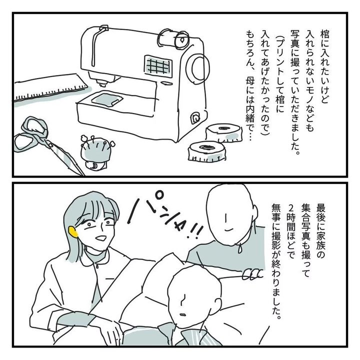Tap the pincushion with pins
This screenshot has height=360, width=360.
(x=96, y=152)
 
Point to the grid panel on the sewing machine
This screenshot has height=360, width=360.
(x=158, y=66)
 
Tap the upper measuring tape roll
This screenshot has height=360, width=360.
(x=224, y=133)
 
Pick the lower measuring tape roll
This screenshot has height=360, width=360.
(x=206, y=151)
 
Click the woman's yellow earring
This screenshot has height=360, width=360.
(x=73, y=232)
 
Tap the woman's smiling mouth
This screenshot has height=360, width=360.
(x=100, y=238)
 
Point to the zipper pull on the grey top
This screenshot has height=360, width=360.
(x=240, y=248)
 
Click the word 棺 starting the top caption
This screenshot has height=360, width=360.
(x=324, y=34)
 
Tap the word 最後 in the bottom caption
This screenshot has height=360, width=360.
(x=321, y=209)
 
